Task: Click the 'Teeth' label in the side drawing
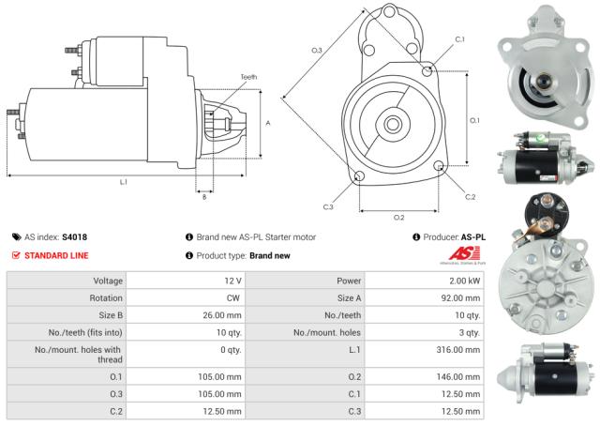(248, 77)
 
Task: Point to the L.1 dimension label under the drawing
(124, 182)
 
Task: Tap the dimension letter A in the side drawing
(268, 123)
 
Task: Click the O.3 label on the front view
(317, 50)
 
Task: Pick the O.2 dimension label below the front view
(398, 217)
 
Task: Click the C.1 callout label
(459, 39)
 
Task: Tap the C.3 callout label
(328, 206)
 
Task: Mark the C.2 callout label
(471, 196)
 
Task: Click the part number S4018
(74, 237)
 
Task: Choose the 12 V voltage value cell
(232, 281)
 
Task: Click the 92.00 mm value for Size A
(462, 297)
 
